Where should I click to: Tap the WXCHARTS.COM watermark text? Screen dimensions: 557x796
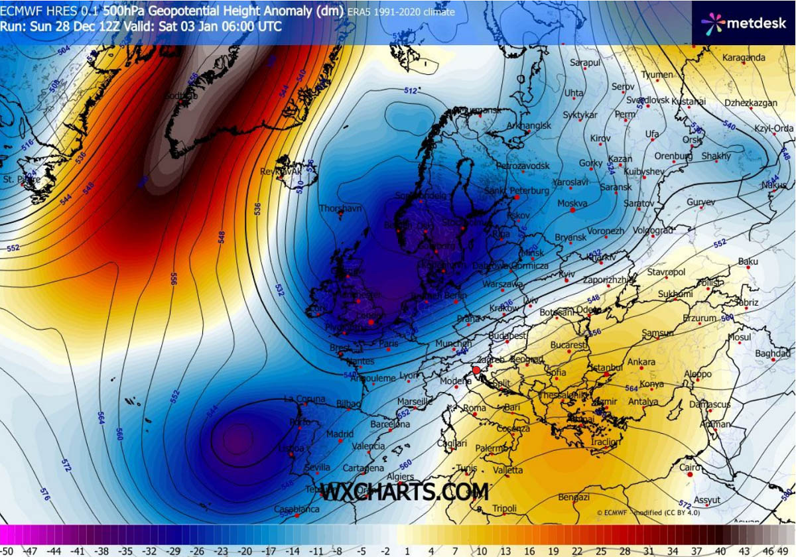[405, 492]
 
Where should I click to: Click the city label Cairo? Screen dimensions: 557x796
[690, 467]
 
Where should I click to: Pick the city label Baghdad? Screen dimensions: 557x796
[773, 353]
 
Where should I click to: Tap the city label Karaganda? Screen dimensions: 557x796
[743, 58]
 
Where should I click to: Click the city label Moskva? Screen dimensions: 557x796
[573, 203]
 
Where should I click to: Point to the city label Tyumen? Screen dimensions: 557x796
[657, 75]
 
